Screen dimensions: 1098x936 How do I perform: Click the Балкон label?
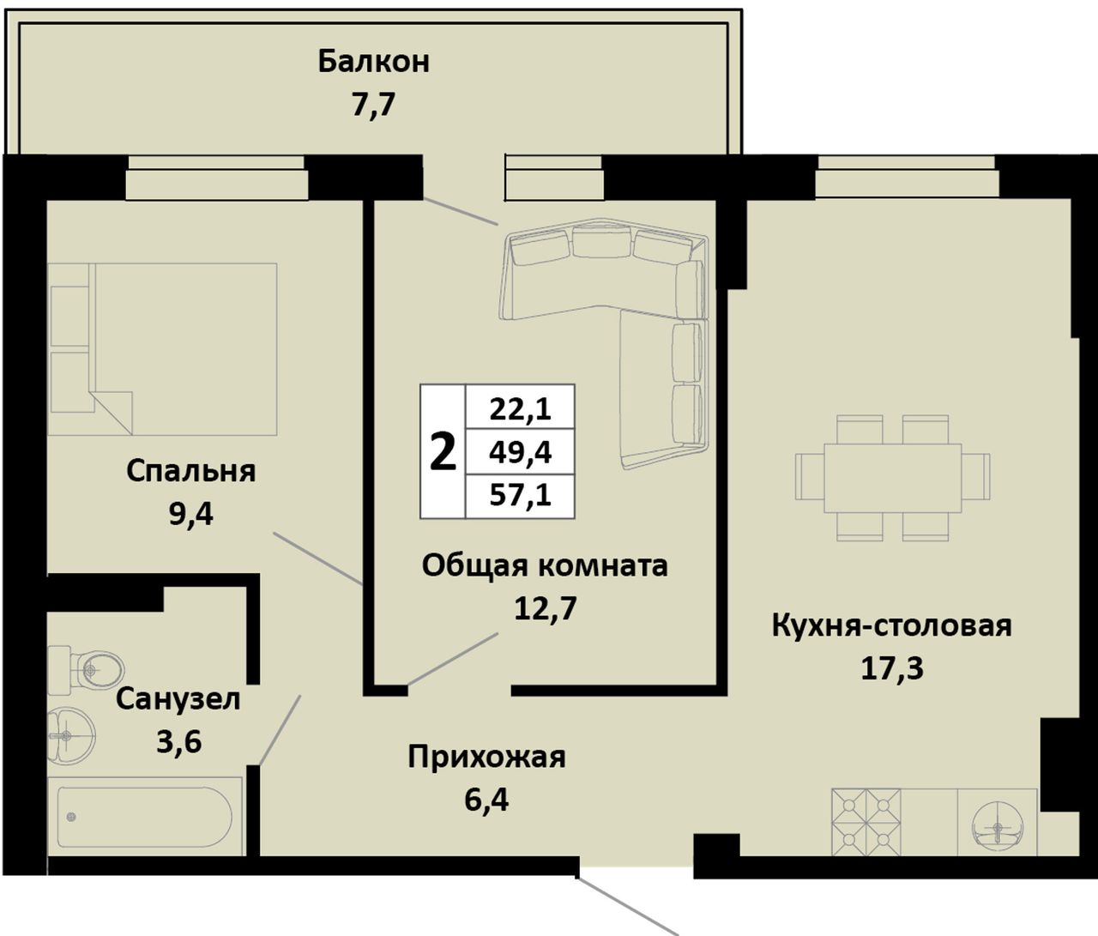coord(373,62)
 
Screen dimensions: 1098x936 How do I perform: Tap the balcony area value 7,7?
coord(373,105)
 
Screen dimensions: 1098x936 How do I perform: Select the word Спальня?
coord(190,472)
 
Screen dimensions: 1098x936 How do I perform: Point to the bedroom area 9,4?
coord(190,514)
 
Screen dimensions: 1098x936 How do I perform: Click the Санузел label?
coord(178,699)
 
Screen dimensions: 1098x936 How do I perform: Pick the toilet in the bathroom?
coord(86,670)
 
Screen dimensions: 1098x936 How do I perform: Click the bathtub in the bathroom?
coord(144,817)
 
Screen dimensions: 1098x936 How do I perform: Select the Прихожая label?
coord(486,758)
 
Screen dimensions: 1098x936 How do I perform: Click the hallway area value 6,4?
coord(486,800)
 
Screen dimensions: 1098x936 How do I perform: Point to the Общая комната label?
coord(545,565)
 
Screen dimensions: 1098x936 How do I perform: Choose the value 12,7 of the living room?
coord(545,608)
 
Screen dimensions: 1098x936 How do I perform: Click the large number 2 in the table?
coord(443,451)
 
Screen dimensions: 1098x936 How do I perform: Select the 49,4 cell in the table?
coord(520,452)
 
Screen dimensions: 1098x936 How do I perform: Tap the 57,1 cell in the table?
coord(520,496)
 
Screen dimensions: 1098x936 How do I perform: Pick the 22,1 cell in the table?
coord(520,407)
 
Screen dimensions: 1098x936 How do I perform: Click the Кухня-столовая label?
coord(891,625)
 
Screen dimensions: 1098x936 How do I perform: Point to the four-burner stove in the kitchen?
coord(866,822)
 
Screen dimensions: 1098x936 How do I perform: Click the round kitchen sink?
coord(997,828)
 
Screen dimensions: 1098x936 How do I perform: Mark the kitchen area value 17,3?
coord(892,667)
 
